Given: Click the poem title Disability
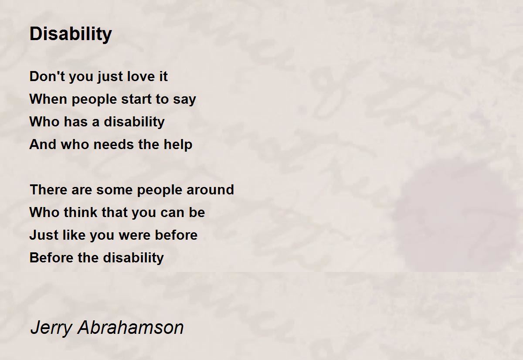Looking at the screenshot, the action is point(71,34).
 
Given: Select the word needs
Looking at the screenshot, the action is point(114,144).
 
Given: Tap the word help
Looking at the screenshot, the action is point(178,145).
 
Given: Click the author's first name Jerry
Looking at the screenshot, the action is point(51,328).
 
